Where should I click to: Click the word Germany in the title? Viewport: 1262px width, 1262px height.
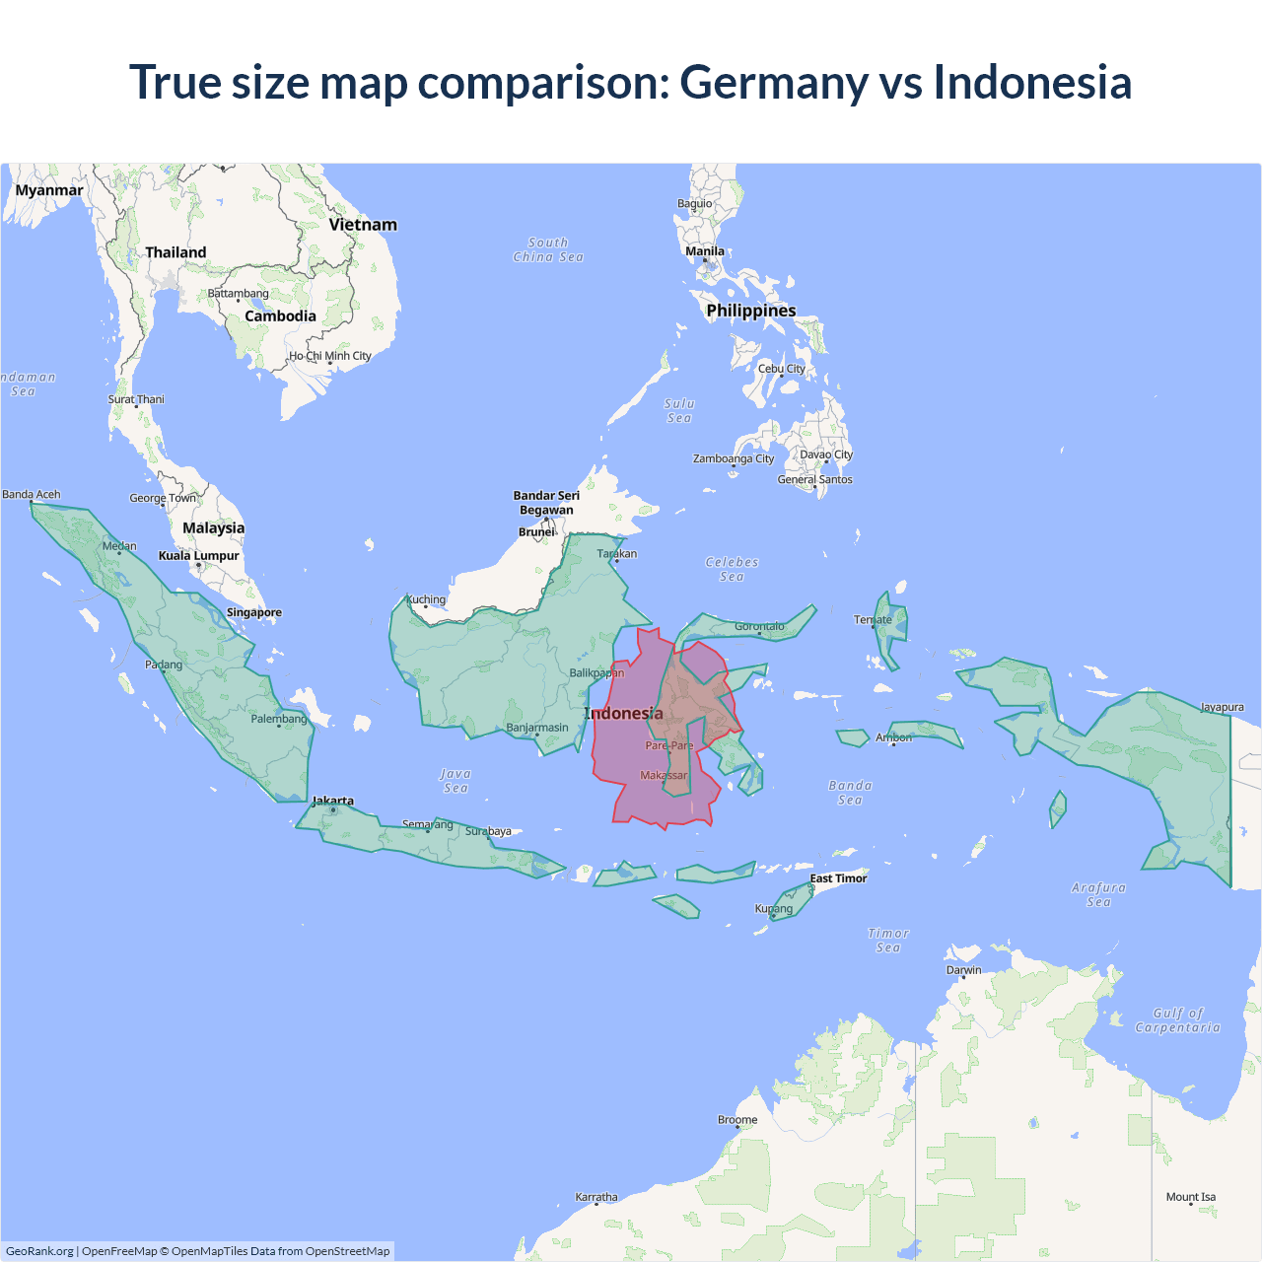pyautogui.click(x=774, y=83)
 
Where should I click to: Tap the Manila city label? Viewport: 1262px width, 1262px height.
pyautogui.click(x=705, y=251)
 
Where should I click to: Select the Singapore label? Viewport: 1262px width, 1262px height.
pyautogui.click(x=254, y=612)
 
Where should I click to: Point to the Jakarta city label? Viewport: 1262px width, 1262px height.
pyautogui.click(x=333, y=801)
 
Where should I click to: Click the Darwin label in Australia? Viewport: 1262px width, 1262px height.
pyautogui.click(x=964, y=970)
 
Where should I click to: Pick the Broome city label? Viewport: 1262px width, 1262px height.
pyautogui.click(x=737, y=1120)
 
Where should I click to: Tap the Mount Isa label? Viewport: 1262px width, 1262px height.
pyautogui.click(x=1191, y=1197)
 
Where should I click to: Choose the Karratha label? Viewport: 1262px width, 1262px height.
pyautogui.click(x=596, y=1197)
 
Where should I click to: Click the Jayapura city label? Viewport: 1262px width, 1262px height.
pyautogui.click(x=1222, y=707)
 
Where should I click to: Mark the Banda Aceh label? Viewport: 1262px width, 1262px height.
pyautogui.click(x=32, y=494)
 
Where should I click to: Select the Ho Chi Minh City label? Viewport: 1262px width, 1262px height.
pyautogui.click(x=330, y=356)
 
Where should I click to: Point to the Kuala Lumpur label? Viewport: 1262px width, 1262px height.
pyautogui.click(x=199, y=556)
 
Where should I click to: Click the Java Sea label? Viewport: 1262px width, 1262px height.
pyautogui.click(x=456, y=781)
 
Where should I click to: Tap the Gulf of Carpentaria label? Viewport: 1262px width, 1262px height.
pyautogui.click(x=1178, y=1020)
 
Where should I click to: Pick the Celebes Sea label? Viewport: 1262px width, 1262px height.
pyautogui.click(x=732, y=569)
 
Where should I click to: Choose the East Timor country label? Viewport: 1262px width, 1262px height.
pyautogui.click(x=838, y=878)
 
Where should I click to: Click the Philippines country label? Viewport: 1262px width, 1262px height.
pyautogui.click(x=751, y=311)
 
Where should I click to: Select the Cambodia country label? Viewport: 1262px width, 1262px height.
pyautogui.click(x=281, y=316)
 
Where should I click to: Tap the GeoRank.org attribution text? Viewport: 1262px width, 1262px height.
pyautogui.click(x=39, y=1251)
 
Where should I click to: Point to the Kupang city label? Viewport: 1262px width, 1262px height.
pyautogui.click(x=774, y=909)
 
